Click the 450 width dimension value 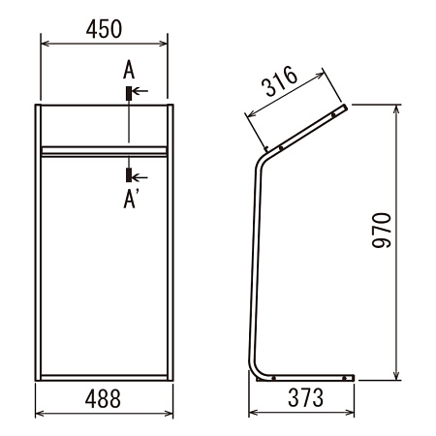[104, 29]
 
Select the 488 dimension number [103, 398]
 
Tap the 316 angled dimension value [279, 80]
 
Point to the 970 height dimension [382, 231]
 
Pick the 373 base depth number [305, 397]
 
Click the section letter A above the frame [129, 70]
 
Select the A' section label [131, 199]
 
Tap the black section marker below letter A [129, 93]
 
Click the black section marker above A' [129, 174]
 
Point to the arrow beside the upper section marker [140, 91]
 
